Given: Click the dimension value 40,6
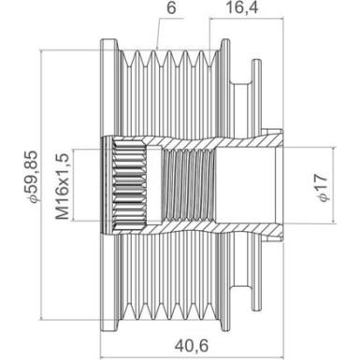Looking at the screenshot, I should (x=194, y=345).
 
